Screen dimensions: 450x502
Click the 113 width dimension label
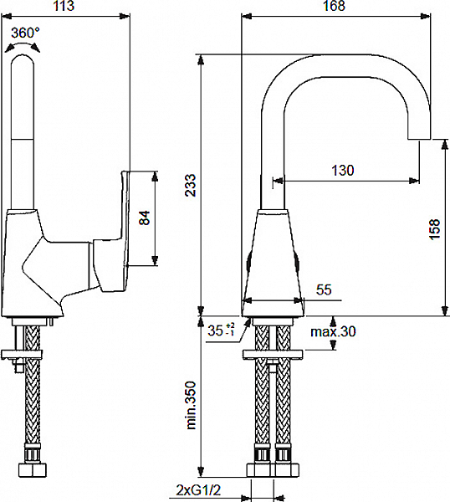click(64, 6)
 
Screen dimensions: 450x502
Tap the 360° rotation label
click(25, 33)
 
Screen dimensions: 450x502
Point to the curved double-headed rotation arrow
click(23, 47)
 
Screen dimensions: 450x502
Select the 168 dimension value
click(334, 6)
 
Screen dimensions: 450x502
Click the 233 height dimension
click(191, 185)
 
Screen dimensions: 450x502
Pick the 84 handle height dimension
click(145, 218)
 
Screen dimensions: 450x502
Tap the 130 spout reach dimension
click(343, 170)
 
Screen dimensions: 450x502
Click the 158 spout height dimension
click(435, 229)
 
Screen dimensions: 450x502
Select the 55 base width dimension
click(324, 289)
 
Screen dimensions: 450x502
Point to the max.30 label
click(333, 331)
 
